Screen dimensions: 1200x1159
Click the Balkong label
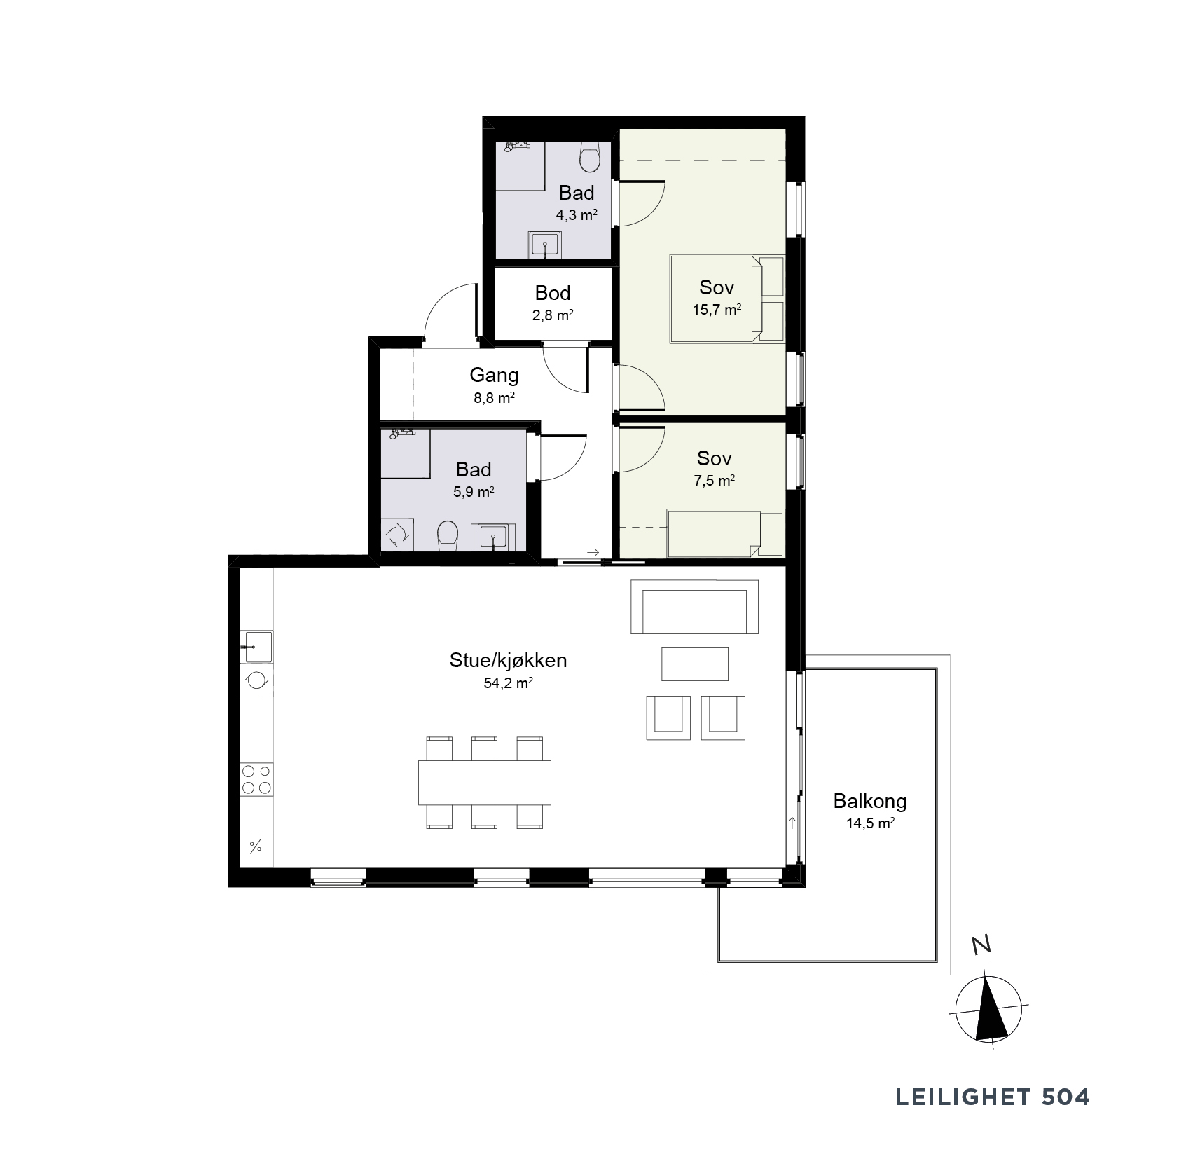tap(870, 801)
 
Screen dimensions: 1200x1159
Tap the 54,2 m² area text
tap(508, 683)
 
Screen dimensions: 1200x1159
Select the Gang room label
tap(494, 376)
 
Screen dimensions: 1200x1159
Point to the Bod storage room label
tap(553, 293)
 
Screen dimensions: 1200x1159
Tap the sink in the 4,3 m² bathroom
tap(544, 245)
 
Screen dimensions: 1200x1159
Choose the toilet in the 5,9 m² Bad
tap(447, 536)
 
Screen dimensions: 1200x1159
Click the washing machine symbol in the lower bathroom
tap(397, 535)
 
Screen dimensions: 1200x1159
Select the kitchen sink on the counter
tap(256, 647)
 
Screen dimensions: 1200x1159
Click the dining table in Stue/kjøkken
tap(485, 782)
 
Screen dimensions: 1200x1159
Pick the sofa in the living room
tap(694, 607)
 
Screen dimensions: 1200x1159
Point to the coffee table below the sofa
tap(695, 664)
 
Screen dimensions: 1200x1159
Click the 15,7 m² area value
tap(717, 310)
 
